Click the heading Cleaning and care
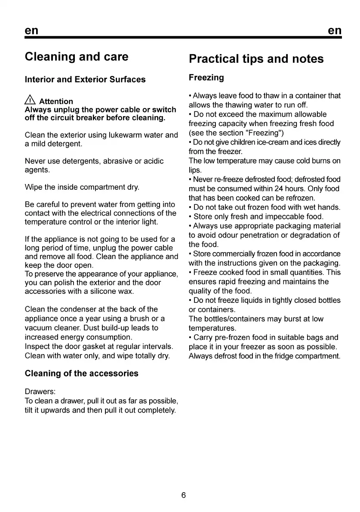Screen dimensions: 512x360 click(77, 57)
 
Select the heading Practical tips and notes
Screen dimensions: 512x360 click(256, 59)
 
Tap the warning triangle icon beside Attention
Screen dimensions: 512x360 click(30, 101)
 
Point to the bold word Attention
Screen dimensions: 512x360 click(56, 102)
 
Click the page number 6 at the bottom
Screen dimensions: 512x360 click(184, 495)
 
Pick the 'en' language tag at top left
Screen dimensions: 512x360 click(31, 31)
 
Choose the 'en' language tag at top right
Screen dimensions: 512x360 click(334, 31)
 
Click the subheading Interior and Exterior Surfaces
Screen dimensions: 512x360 click(85, 80)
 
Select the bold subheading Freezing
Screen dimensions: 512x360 click(206, 78)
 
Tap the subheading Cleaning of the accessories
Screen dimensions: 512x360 click(82, 373)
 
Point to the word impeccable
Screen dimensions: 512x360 click(279, 216)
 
